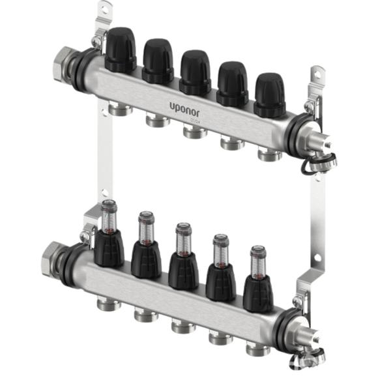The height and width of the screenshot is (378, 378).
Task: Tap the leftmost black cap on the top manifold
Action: click(121, 50)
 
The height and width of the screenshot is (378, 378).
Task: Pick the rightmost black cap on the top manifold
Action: click(270, 94)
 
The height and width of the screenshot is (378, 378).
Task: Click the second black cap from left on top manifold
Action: click(158, 60)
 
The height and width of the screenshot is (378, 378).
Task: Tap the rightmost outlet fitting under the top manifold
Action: click(267, 154)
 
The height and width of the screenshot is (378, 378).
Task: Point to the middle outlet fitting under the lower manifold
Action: click(180, 326)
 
